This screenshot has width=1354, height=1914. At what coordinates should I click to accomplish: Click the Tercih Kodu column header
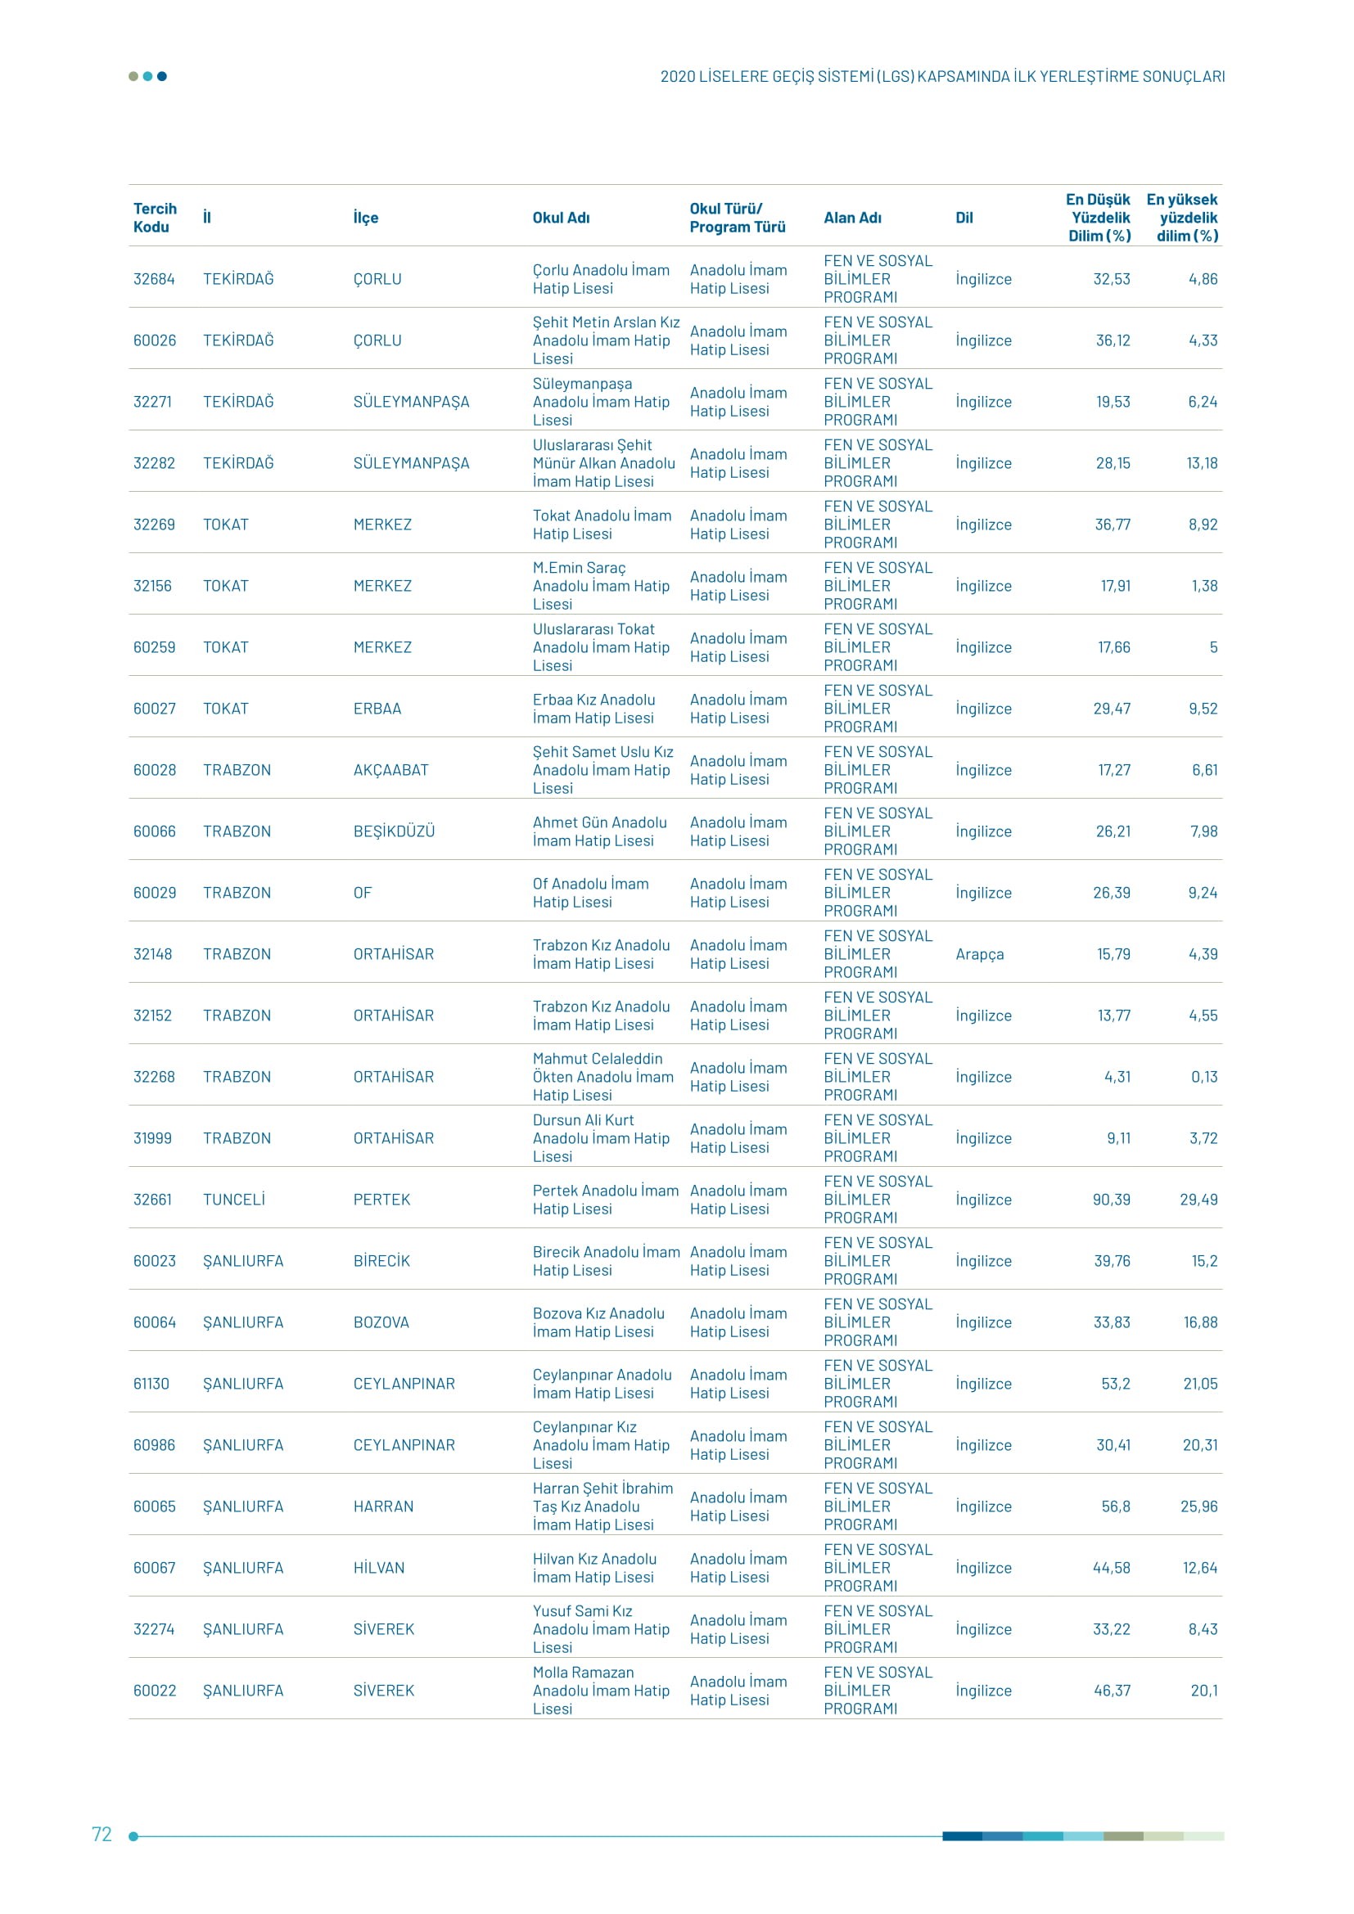pyautogui.click(x=155, y=218)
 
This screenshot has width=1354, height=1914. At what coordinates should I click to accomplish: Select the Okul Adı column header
pyautogui.click(x=561, y=218)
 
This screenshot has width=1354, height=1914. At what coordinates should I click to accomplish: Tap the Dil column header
pyautogui.click(x=964, y=218)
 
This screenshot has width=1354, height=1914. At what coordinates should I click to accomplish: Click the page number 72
pyautogui.click(x=102, y=1834)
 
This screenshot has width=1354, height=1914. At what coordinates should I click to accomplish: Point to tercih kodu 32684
pyautogui.click(x=154, y=279)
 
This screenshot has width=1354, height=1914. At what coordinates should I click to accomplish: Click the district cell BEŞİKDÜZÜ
pyautogui.click(x=394, y=831)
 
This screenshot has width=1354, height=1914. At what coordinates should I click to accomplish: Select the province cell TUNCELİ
pyautogui.click(x=234, y=1200)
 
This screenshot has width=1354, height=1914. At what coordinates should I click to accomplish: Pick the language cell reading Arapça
pyautogui.click(x=980, y=953)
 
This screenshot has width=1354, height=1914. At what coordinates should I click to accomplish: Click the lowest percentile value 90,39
pyautogui.click(x=1112, y=1200)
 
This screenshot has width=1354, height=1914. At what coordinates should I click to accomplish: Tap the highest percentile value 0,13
pyautogui.click(x=1204, y=1077)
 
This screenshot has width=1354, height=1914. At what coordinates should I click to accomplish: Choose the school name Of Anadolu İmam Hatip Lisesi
pyautogui.click(x=590, y=893)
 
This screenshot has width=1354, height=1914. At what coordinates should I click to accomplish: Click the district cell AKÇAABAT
pyautogui.click(x=390, y=770)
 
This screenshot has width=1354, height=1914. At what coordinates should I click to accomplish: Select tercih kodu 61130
pyautogui.click(x=151, y=1384)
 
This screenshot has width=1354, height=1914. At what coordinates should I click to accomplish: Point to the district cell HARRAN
pyautogui.click(x=382, y=1506)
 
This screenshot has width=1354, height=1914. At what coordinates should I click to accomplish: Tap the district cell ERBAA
pyautogui.click(x=377, y=709)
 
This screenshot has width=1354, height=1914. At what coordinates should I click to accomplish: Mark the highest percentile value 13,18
pyautogui.click(x=1202, y=463)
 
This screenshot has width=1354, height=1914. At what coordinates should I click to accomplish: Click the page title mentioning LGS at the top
pyautogui.click(x=942, y=77)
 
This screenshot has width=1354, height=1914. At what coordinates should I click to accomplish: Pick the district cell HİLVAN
pyautogui.click(x=378, y=1568)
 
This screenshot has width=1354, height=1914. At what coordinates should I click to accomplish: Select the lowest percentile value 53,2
pyautogui.click(x=1116, y=1384)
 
